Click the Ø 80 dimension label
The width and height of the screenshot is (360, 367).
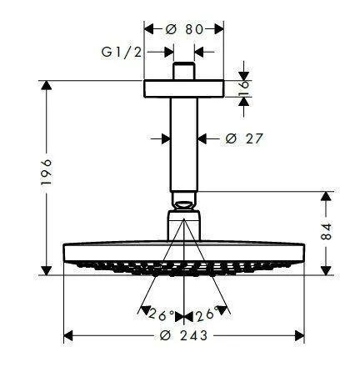[x=184, y=28]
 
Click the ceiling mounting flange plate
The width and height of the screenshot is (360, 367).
[x=184, y=88]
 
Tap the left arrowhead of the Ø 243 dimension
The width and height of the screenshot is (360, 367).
[x=69, y=337]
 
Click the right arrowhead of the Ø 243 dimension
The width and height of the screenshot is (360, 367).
[x=300, y=337]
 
